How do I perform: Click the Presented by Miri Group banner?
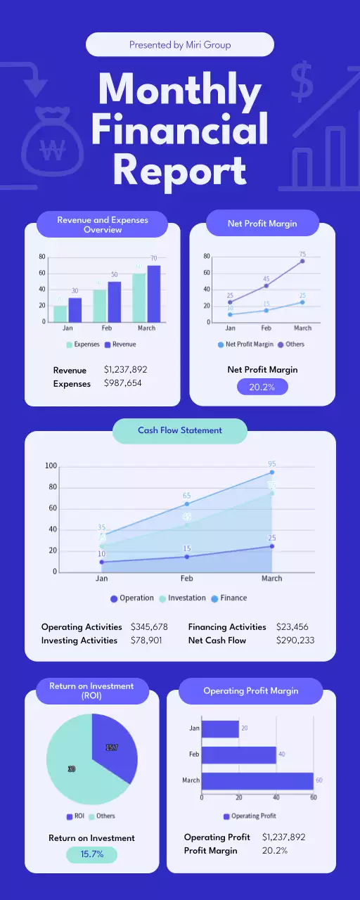[179, 44]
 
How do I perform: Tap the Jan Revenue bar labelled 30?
[75, 309]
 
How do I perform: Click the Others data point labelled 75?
[302, 261]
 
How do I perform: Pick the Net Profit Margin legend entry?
[245, 345]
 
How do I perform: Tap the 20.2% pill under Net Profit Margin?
[262, 386]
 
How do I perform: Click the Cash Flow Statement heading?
[179, 430]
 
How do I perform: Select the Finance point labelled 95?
[271, 472]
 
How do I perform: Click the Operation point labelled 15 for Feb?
[187, 556]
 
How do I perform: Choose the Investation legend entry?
[182, 598]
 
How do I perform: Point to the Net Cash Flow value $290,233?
[291, 641]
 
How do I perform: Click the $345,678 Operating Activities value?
[149, 626]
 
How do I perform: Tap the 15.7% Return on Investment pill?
[91, 854]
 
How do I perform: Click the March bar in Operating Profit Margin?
[257, 780]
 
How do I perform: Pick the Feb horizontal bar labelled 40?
[238, 754]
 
